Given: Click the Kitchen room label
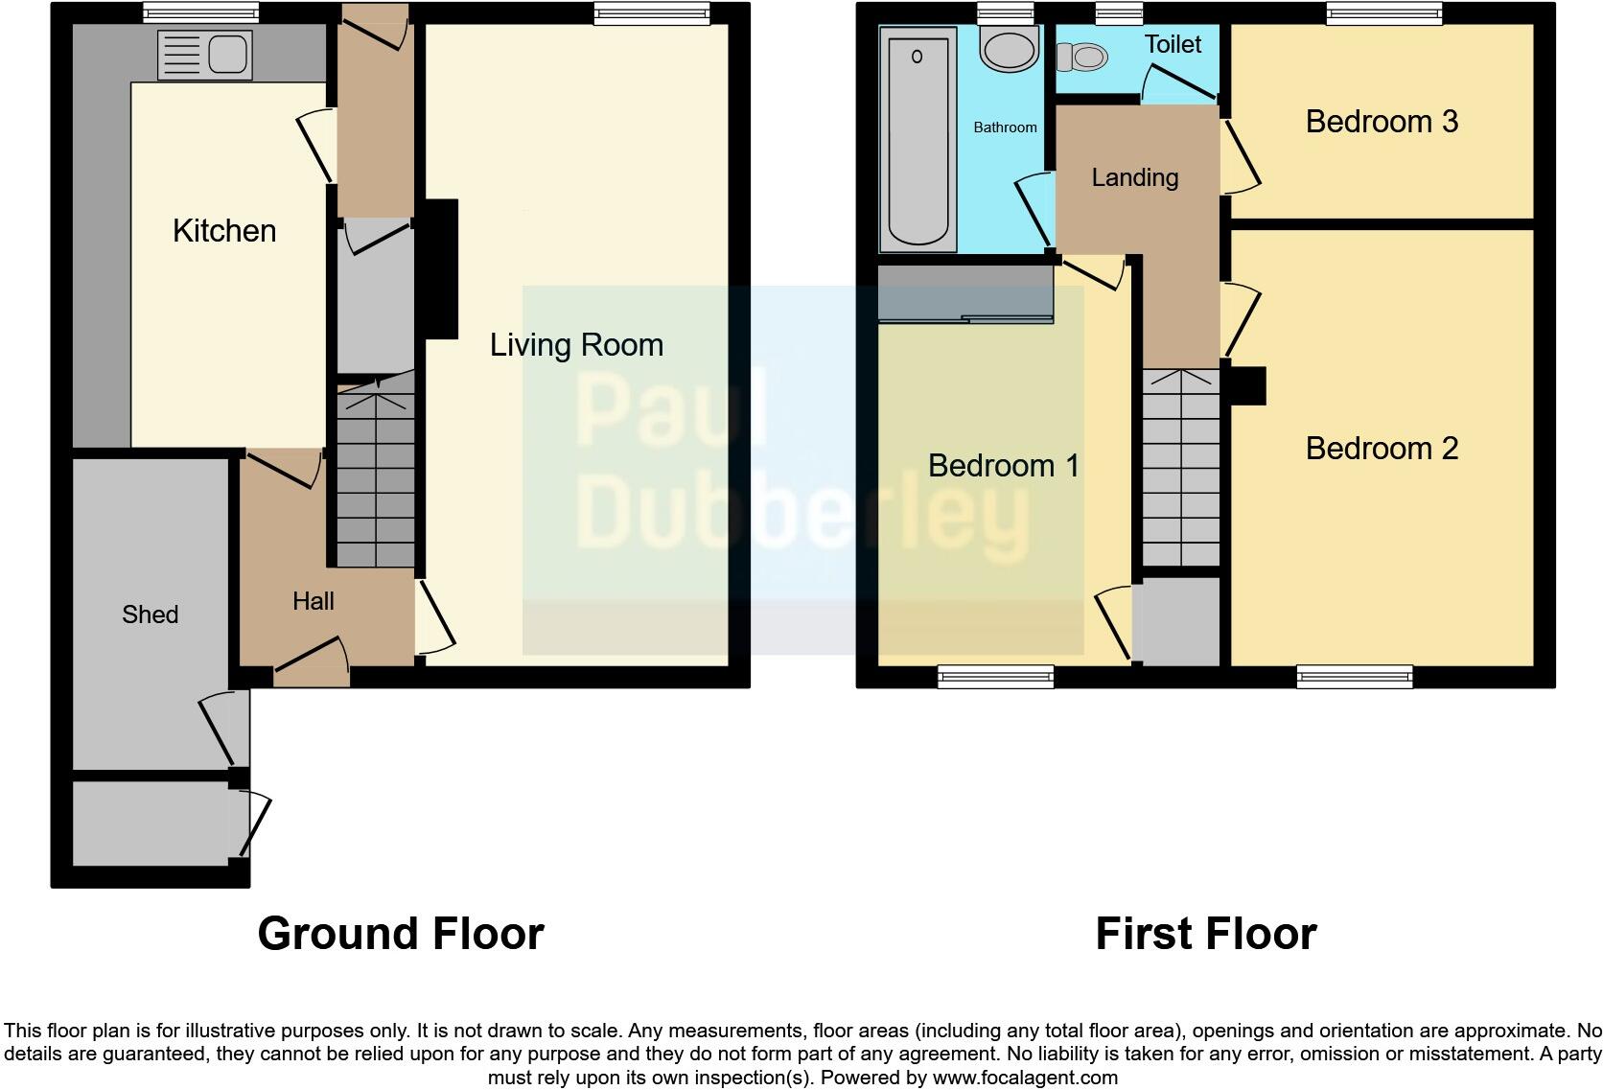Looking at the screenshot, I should [224, 231].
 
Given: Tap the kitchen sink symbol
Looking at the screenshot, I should [204, 55].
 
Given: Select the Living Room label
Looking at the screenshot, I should [576, 345].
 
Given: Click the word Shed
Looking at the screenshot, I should [150, 615].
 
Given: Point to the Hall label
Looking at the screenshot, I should [313, 601].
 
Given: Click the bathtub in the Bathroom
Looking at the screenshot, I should [918, 139].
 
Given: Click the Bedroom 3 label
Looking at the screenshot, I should [1382, 122].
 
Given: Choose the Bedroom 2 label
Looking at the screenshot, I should [1382, 449].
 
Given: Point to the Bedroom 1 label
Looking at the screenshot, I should [1003, 466].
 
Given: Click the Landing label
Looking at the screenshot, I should [1134, 177].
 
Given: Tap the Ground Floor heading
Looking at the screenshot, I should [401, 934].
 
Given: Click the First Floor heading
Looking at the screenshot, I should [1205, 934].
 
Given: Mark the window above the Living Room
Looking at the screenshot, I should [651, 12].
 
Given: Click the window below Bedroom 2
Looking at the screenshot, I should [1354, 678].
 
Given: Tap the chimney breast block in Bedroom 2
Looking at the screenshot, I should [1247, 386].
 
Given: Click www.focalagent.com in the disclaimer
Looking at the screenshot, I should [1024, 1078].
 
